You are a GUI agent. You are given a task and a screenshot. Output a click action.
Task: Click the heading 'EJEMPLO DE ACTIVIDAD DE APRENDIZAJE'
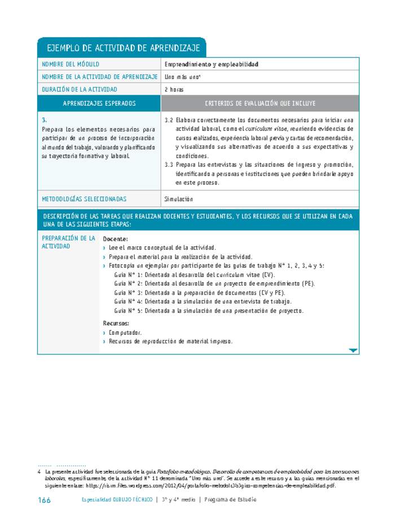pyautogui.click(x=121, y=48)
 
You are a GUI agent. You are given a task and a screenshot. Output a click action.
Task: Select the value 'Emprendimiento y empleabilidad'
pyautogui.click(x=211, y=64)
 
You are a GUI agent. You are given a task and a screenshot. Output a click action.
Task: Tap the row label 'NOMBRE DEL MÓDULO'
pyautogui.click(x=70, y=64)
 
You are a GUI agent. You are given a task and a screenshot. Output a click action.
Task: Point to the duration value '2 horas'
pyautogui.click(x=174, y=89)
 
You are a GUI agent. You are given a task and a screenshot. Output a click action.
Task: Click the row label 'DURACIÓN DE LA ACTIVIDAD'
pyautogui.click(x=80, y=89)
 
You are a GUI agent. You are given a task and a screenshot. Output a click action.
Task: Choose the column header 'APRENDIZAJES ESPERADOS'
pyautogui.click(x=99, y=103)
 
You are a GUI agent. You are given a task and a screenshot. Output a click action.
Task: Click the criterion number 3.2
pyautogui.click(x=168, y=120)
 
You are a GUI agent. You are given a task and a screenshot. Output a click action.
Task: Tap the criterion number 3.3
pyautogui.click(x=168, y=165)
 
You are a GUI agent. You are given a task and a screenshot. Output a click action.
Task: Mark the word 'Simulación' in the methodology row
pyautogui.click(x=179, y=199)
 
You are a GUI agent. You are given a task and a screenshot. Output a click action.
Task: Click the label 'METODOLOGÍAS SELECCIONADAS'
pyautogui.click(x=84, y=199)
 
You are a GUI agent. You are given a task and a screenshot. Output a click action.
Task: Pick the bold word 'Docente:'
pyautogui.click(x=116, y=239)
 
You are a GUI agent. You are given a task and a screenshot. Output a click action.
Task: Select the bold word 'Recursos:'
pyautogui.click(x=116, y=323)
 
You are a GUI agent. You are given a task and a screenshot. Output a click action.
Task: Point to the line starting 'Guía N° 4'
pyautogui.click(x=202, y=302)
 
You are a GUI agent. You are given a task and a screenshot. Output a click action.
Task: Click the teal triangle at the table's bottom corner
pyautogui.click(x=353, y=350)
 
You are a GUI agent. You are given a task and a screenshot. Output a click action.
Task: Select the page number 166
pyautogui.click(x=44, y=499)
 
